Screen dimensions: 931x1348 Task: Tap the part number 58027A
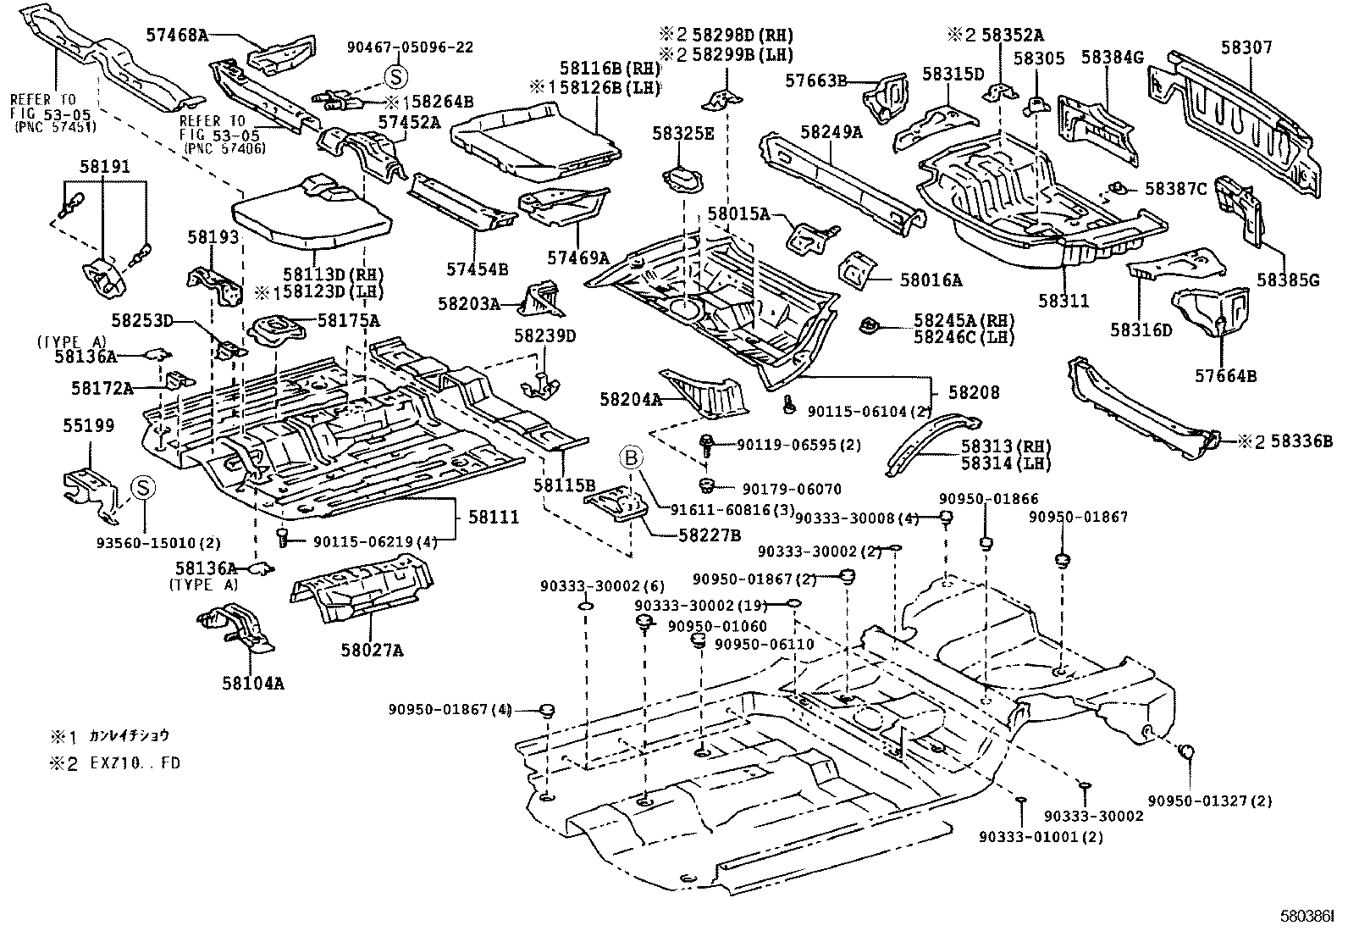tap(372, 650)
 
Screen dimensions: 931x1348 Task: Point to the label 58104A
tap(253, 682)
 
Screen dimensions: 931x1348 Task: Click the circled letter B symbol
tap(632, 458)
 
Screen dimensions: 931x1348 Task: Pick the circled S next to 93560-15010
tap(144, 488)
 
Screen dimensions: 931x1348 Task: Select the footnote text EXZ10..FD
tap(135, 762)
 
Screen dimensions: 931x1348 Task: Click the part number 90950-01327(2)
tap(1209, 800)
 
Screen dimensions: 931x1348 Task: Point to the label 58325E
tap(682, 133)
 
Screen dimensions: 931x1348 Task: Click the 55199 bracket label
tap(88, 426)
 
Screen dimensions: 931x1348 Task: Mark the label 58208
tap(974, 392)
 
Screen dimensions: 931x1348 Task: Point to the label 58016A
tap(931, 280)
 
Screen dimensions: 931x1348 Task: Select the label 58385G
tap(1287, 280)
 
